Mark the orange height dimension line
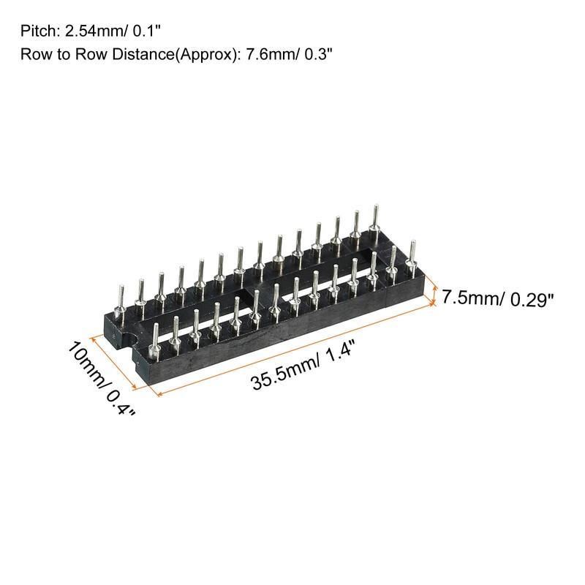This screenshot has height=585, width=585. pos(435,295)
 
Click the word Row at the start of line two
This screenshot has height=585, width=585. pos(34,55)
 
